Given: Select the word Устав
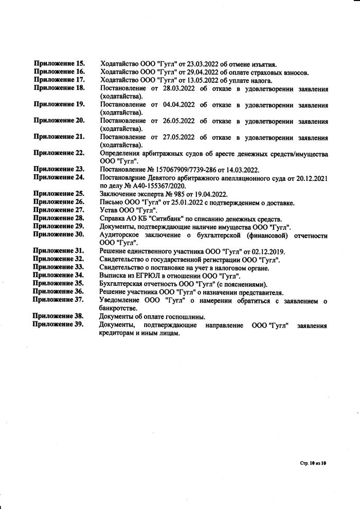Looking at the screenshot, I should click(x=110, y=210).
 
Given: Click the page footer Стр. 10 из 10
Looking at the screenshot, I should click(x=313, y=463).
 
